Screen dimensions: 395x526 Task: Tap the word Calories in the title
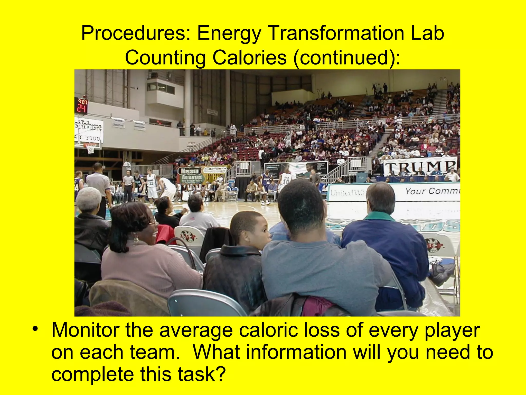[x=249, y=57]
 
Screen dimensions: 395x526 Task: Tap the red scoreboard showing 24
[x=81, y=106]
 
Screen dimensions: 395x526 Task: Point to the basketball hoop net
[x=90, y=149]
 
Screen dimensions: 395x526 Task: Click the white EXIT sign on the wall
[x=192, y=143]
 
